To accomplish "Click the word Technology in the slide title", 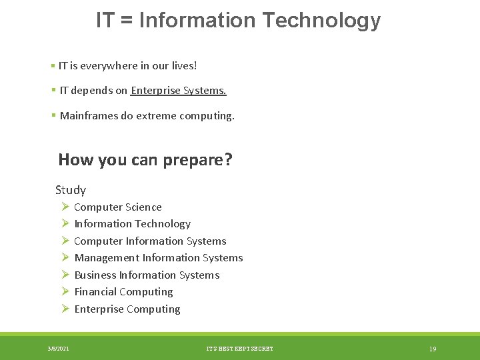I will click(x=321, y=21).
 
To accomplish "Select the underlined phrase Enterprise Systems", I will click(x=179, y=91).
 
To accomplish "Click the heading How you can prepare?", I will click(x=145, y=160).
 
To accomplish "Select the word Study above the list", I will click(x=71, y=190).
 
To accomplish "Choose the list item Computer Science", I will click(x=118, y=207).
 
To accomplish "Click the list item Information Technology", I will click(x=132, y=224).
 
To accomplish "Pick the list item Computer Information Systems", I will click(x=150, y=241).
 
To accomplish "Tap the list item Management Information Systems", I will click(x=159, y=258).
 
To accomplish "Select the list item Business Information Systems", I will click(x=147, y=275).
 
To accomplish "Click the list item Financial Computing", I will click(x=123, y=292).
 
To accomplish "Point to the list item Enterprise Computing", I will click(x=127, y=309).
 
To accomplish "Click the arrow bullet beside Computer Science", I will click(x=65, y=207).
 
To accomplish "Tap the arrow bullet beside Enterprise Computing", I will click(x=65, y=309).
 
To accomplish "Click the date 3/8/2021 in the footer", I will click(x=58, y=349).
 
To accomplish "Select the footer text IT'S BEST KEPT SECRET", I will click(x=240, y=349).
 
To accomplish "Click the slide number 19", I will click(x=433, y=349).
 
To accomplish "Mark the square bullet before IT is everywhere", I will click(x=52, y=66).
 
